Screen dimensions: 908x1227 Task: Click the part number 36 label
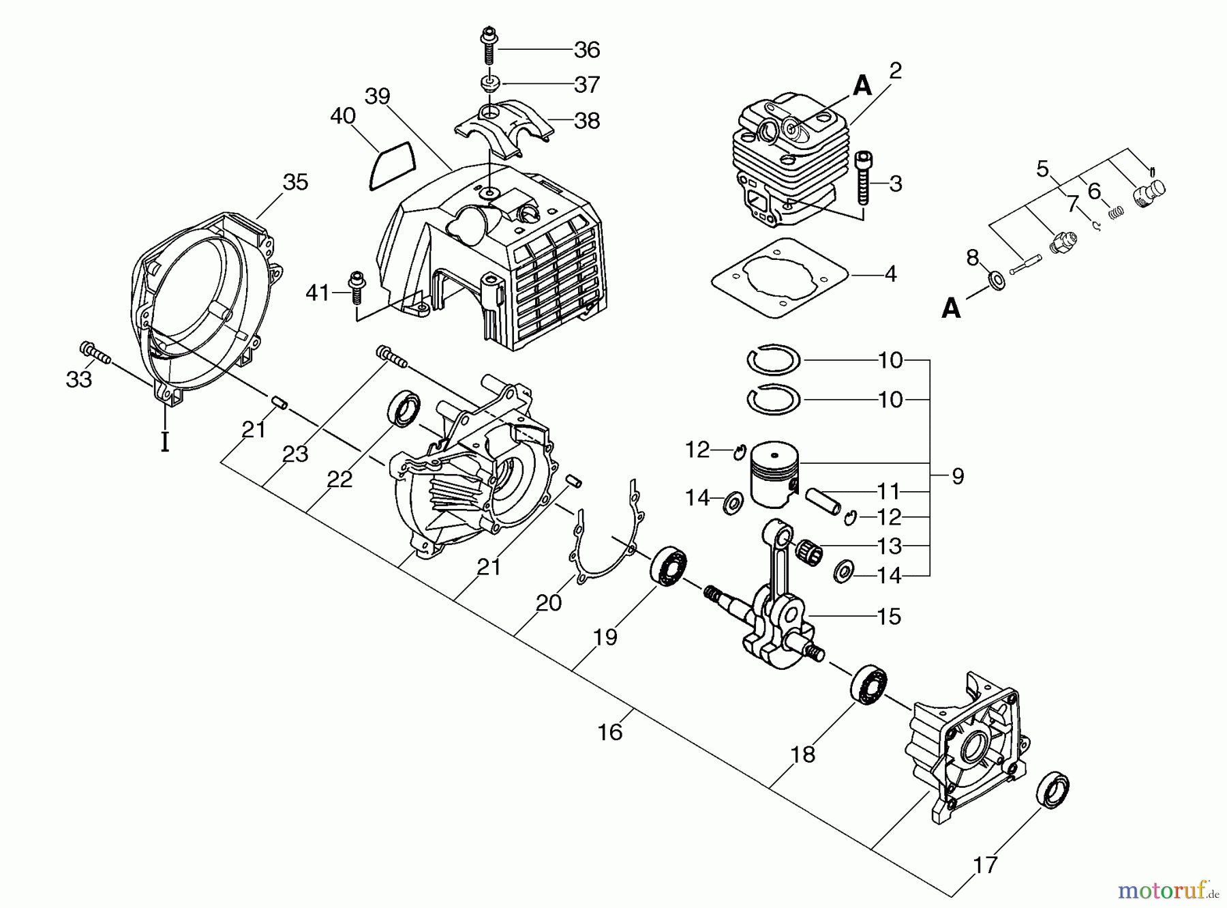point(586,50)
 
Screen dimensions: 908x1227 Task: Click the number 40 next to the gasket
point(343,117)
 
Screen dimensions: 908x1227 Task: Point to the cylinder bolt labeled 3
point(862,179)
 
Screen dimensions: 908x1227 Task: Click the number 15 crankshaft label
point(890,617)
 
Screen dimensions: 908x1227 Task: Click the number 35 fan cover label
point(295,182)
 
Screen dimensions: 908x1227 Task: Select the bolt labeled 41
point(355,289)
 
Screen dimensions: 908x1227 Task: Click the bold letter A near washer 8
point(951,309)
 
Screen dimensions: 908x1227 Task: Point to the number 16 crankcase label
point(610,732)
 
